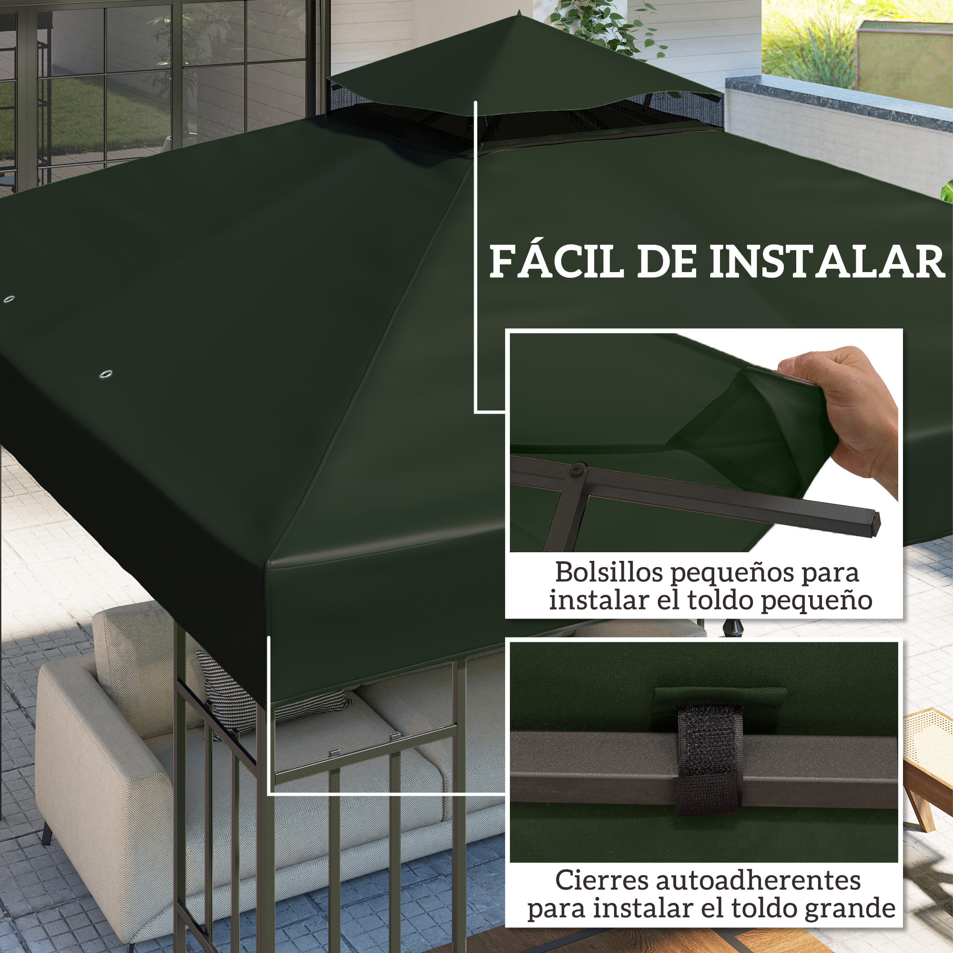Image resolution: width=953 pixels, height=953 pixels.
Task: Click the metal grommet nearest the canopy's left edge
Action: pos(9,299)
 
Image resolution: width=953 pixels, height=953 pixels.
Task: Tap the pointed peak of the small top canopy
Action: pos(519,12)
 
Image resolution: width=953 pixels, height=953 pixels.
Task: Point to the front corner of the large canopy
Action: pos(269,562)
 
